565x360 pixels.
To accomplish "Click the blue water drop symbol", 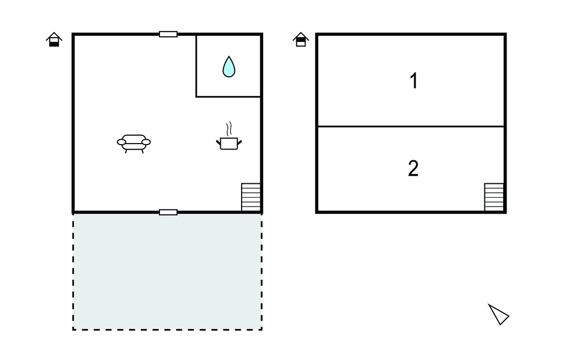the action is tap(229, 67).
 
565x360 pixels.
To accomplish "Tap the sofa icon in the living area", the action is tap(134, 144).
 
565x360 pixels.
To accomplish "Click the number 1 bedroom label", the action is tap(414, 81).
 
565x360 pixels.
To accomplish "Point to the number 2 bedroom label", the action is tap(413, 168).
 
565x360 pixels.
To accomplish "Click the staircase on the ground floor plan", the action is tap(251, 197).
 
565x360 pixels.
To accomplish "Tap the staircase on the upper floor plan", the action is tap(494, 197).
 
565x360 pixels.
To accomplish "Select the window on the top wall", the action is tap(168, 34).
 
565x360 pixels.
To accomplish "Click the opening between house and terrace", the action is tap(168, 213).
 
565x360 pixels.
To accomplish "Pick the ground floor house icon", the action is tap(54, 40).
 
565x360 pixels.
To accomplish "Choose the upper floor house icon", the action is tap(301, 40).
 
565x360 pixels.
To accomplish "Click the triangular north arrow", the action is tap(499, 314).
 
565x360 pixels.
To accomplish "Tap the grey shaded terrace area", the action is tap(168, 271).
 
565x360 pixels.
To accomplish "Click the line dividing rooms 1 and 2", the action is tap(411, 126).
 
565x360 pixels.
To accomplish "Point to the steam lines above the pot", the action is tap(228, 129).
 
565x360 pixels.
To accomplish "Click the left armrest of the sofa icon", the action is tap(121, 142).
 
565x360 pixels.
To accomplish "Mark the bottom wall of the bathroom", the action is tap(228, 97).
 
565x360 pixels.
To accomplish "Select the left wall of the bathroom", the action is tap(196, 66).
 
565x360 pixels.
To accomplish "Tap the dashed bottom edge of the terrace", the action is tap(168, 329).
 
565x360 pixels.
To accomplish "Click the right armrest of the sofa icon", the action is tap(146, 142).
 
